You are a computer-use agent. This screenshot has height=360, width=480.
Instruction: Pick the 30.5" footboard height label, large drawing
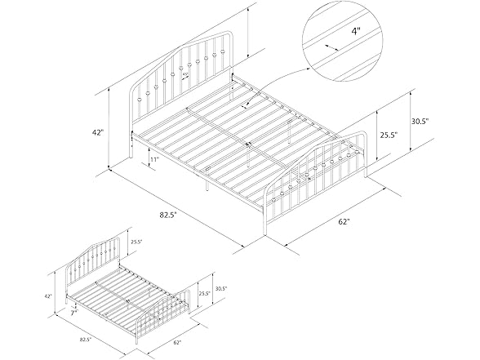tap(442, 122)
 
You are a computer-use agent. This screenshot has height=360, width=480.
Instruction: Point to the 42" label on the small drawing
tap(48, 296)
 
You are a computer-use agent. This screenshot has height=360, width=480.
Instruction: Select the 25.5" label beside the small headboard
tap(136, 241)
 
